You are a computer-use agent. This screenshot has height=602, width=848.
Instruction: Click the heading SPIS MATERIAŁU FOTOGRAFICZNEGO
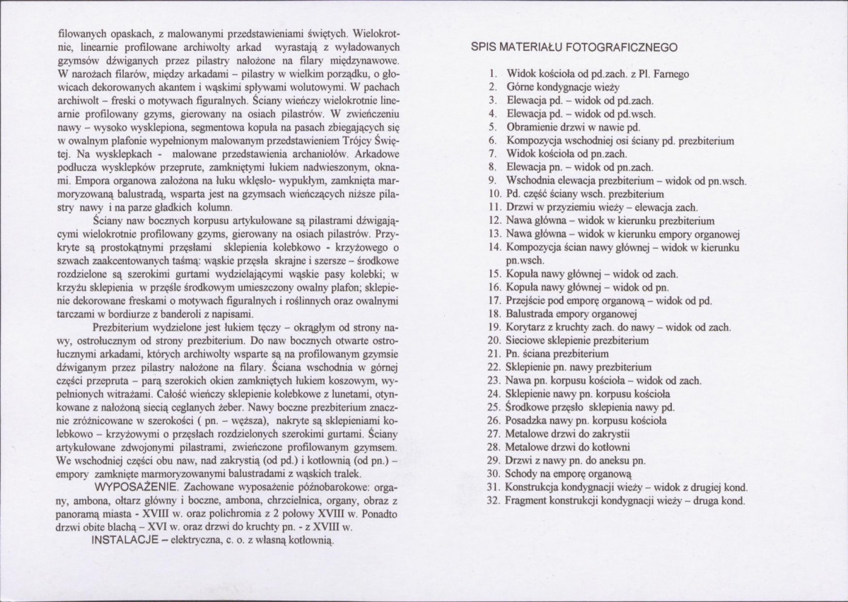(575, 47)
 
